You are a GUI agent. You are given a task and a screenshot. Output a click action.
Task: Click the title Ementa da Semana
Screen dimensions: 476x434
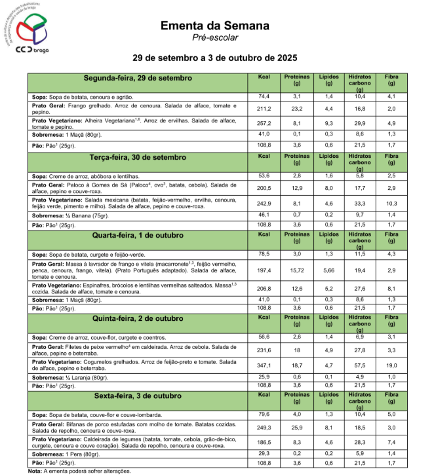pos(215,26)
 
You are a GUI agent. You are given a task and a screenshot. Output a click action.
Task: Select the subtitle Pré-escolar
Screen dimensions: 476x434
pos(216,37)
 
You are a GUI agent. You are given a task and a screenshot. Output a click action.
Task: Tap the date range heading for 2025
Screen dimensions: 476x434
pos(216,58)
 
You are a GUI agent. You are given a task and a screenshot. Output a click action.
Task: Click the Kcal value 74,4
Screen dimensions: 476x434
pos(264,96)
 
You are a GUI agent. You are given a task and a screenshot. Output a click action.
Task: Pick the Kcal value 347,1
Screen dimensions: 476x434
pos(264,364)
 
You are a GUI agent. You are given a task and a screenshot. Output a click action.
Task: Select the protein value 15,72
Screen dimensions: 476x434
pos(296,270)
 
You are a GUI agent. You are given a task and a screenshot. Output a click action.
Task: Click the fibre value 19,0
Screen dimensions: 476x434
pos(391,364)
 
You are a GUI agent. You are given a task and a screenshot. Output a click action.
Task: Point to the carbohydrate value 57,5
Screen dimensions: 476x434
pos(360,364)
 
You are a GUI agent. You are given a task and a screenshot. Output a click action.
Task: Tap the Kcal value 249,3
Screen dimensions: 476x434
pos(264,427)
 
